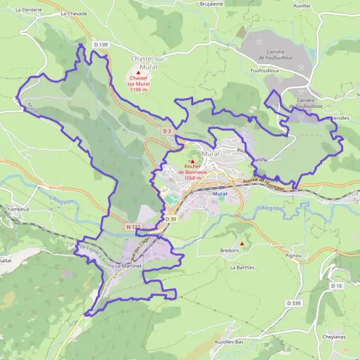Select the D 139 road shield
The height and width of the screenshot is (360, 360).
(x=101, y=44)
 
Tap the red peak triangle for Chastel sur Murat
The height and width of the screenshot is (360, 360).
(x=139, y=73)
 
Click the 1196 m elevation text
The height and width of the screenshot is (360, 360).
(x=138, y=90)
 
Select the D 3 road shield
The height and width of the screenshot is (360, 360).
(x=167, y=130)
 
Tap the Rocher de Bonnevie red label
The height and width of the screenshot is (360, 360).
(x=192, y=169)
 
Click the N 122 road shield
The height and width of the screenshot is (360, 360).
(x=133, y=226)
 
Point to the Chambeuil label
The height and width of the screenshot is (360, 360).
(x=17, y=209)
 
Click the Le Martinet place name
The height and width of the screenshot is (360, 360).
(x=128, y=265)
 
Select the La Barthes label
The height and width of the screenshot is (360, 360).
(x=242, y=268)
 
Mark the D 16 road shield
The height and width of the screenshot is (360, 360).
(x=337, y=286)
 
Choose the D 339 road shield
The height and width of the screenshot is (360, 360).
(x=294, y=304)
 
